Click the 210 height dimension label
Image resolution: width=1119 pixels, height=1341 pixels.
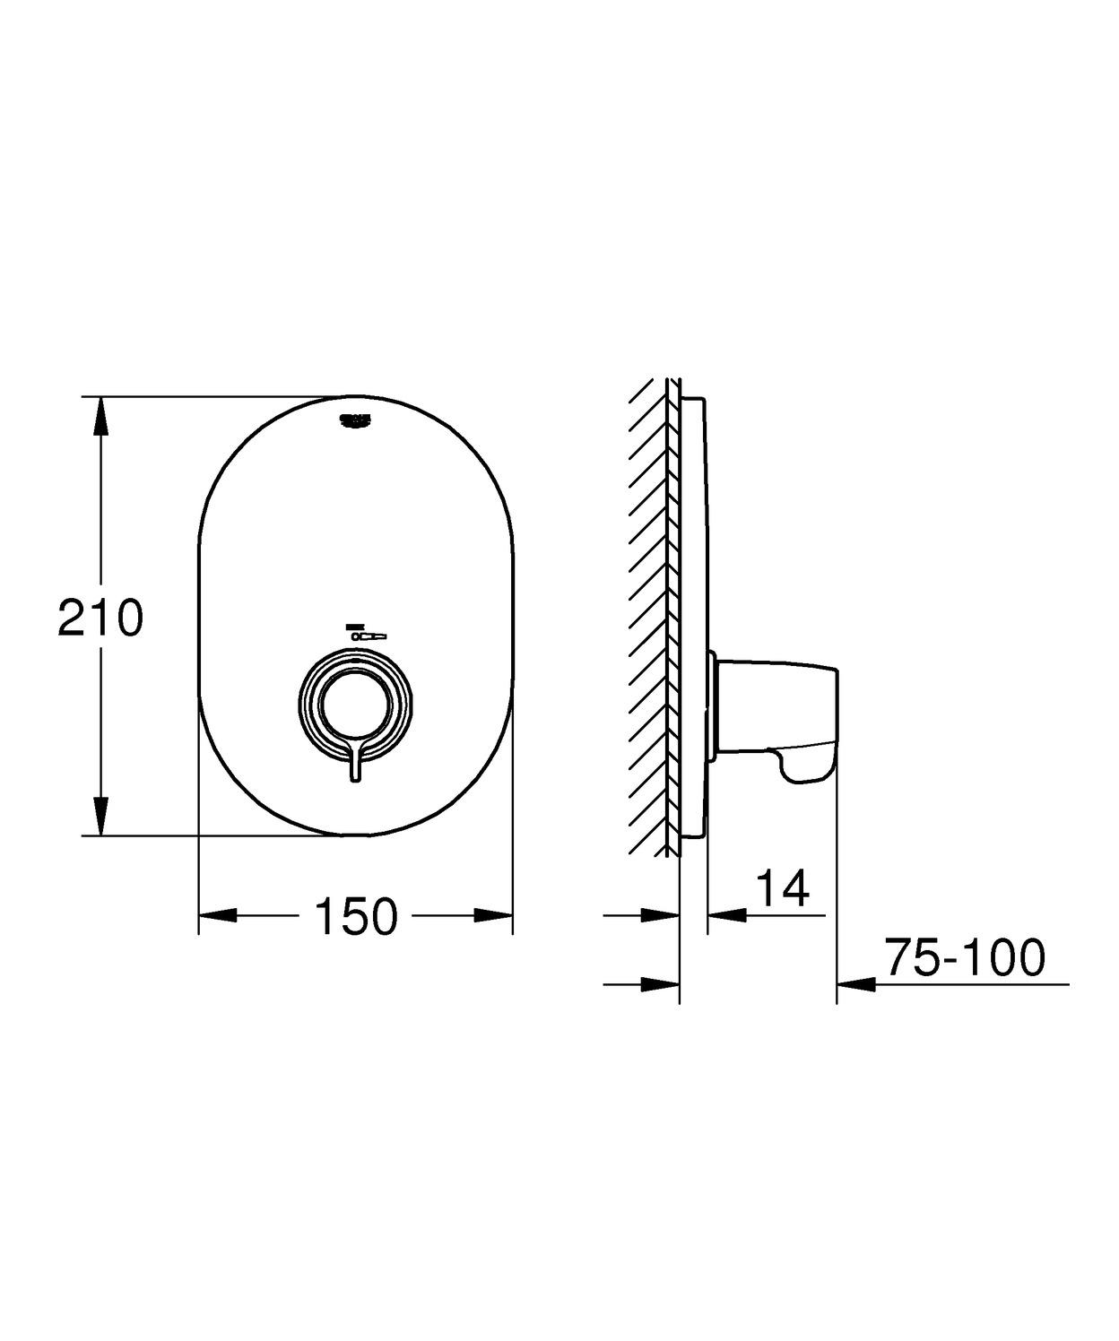(x=100, y=618)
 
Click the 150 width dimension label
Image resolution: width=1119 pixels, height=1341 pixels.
(x=356, y=916)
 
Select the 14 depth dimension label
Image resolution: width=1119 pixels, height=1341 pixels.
(x=783, y=887)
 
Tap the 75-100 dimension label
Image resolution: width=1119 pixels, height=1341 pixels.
(x=965, y=957)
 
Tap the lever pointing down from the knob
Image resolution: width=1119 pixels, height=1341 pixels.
(x=356, y=764)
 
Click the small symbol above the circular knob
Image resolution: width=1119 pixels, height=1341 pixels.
(x=366, y=631)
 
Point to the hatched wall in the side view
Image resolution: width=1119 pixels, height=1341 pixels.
(x=650, y=619)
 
